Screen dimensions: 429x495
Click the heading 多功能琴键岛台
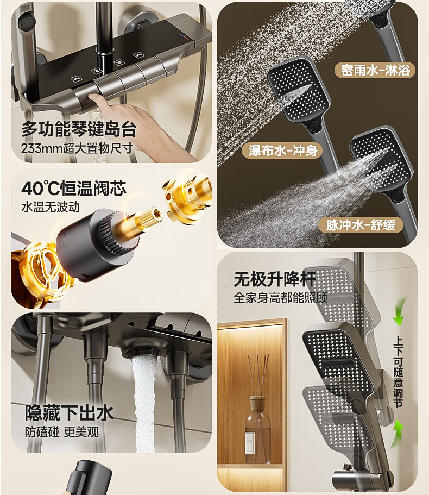79,129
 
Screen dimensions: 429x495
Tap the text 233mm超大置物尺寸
77,148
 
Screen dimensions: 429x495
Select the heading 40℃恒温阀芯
74,188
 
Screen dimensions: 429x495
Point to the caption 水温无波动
51,207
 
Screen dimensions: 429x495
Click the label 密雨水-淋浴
375,70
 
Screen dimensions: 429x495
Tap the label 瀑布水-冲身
283,151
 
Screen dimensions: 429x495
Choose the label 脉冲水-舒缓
361,225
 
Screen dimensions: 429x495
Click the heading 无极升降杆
275,279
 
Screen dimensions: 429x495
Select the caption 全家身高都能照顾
280,298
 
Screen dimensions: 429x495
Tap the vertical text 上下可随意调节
398,372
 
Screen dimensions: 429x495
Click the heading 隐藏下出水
69,412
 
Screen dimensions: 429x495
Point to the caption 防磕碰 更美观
62,431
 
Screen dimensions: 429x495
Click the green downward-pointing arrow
399,312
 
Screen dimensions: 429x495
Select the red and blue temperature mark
184,37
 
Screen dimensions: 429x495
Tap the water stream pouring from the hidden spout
143,404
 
